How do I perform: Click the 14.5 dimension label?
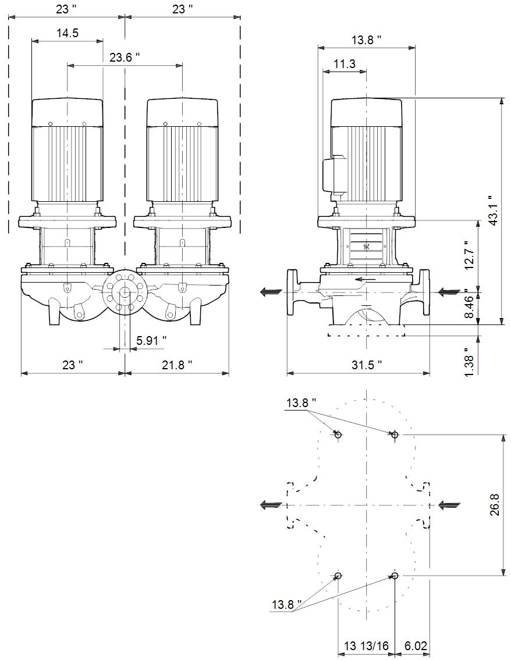click(x=68, y=33)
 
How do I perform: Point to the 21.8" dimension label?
click(x=178, y=365)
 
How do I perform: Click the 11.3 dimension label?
click(x=345, y=64)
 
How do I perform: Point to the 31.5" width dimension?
click(x=367, y=365)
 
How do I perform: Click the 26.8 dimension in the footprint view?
click(x=495, y=505)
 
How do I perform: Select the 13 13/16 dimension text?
click(x=366, y=646)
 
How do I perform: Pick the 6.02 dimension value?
click(x=416, y=646)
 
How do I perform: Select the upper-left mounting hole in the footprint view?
click(x=338, y=435)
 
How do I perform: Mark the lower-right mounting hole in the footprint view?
click(x=395, y=576)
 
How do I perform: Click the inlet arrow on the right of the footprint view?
click(x=450, y=505)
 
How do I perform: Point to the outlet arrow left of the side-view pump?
click(x=271, y=292)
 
